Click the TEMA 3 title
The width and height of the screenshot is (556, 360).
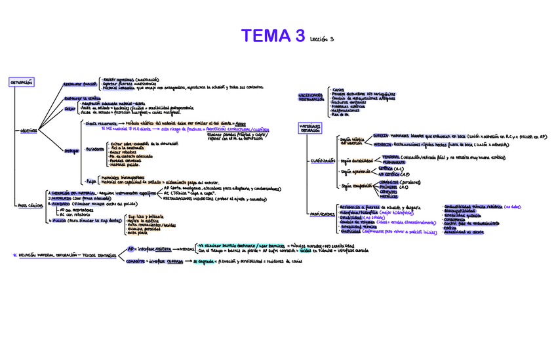[x=273, y=36]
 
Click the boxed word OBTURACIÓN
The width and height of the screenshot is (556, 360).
[x=21, y=83]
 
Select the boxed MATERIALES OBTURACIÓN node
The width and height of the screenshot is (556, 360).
[x=311, y=128]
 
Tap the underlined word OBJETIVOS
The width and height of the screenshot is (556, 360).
[x=29, y=130]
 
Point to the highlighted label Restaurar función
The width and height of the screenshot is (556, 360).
[x=80, y=85]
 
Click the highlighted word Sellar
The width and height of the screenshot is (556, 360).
[x=69, y=110]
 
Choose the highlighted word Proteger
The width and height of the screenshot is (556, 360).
[x=71, y=151]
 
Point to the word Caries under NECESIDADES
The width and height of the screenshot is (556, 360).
[x=339, y=90]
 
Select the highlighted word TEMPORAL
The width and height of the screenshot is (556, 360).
[x=391, y=157]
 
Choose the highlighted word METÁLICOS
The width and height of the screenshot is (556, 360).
[x=388, y=196]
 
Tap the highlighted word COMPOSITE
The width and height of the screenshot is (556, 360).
[x=136, y=260]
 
